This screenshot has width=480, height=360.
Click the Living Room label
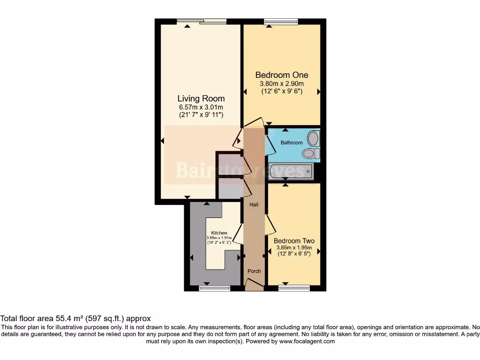tap(201, 98)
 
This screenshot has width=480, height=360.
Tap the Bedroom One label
tap(281, 75)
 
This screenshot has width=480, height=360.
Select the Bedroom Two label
tap(294, 241)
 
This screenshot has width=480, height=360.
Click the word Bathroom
tap(292, 142)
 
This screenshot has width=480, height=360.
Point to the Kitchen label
tap(219, 233)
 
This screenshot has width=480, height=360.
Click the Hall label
tap(254, 204)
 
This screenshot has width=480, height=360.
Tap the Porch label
tap(254, 271)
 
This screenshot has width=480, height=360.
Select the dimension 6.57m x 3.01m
tap(201, 107)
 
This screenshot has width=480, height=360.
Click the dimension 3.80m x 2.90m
tap(281, 84)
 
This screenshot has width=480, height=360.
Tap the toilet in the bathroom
tap(311, 153)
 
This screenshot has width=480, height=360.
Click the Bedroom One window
tap(281, 22)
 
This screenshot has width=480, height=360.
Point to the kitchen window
tap(214, 288)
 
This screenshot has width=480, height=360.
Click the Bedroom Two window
tap(294, 288)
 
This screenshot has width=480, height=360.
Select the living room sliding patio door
tap(202, 21)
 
